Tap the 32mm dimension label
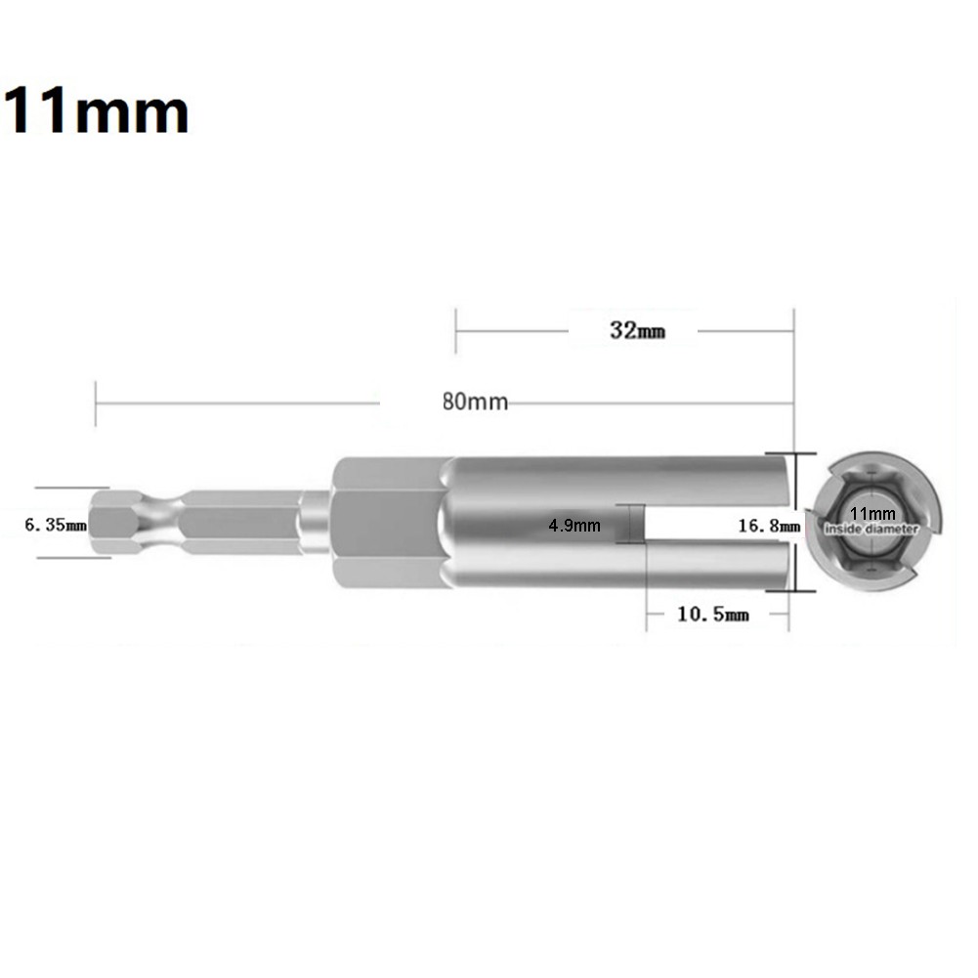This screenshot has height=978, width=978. tap(637, 330)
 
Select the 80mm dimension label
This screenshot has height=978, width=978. tap(475, 402)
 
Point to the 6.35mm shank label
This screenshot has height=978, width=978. tap(56, 525)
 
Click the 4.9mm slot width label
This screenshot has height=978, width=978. tap(574, 525)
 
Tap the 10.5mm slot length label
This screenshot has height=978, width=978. tap(712, 615)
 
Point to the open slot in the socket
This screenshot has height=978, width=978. tap(713, 525)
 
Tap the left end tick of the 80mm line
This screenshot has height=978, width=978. tap(96, 402)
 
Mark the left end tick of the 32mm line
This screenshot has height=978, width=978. tap(456, 330)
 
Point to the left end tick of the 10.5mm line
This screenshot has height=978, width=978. tap(646, 615)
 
